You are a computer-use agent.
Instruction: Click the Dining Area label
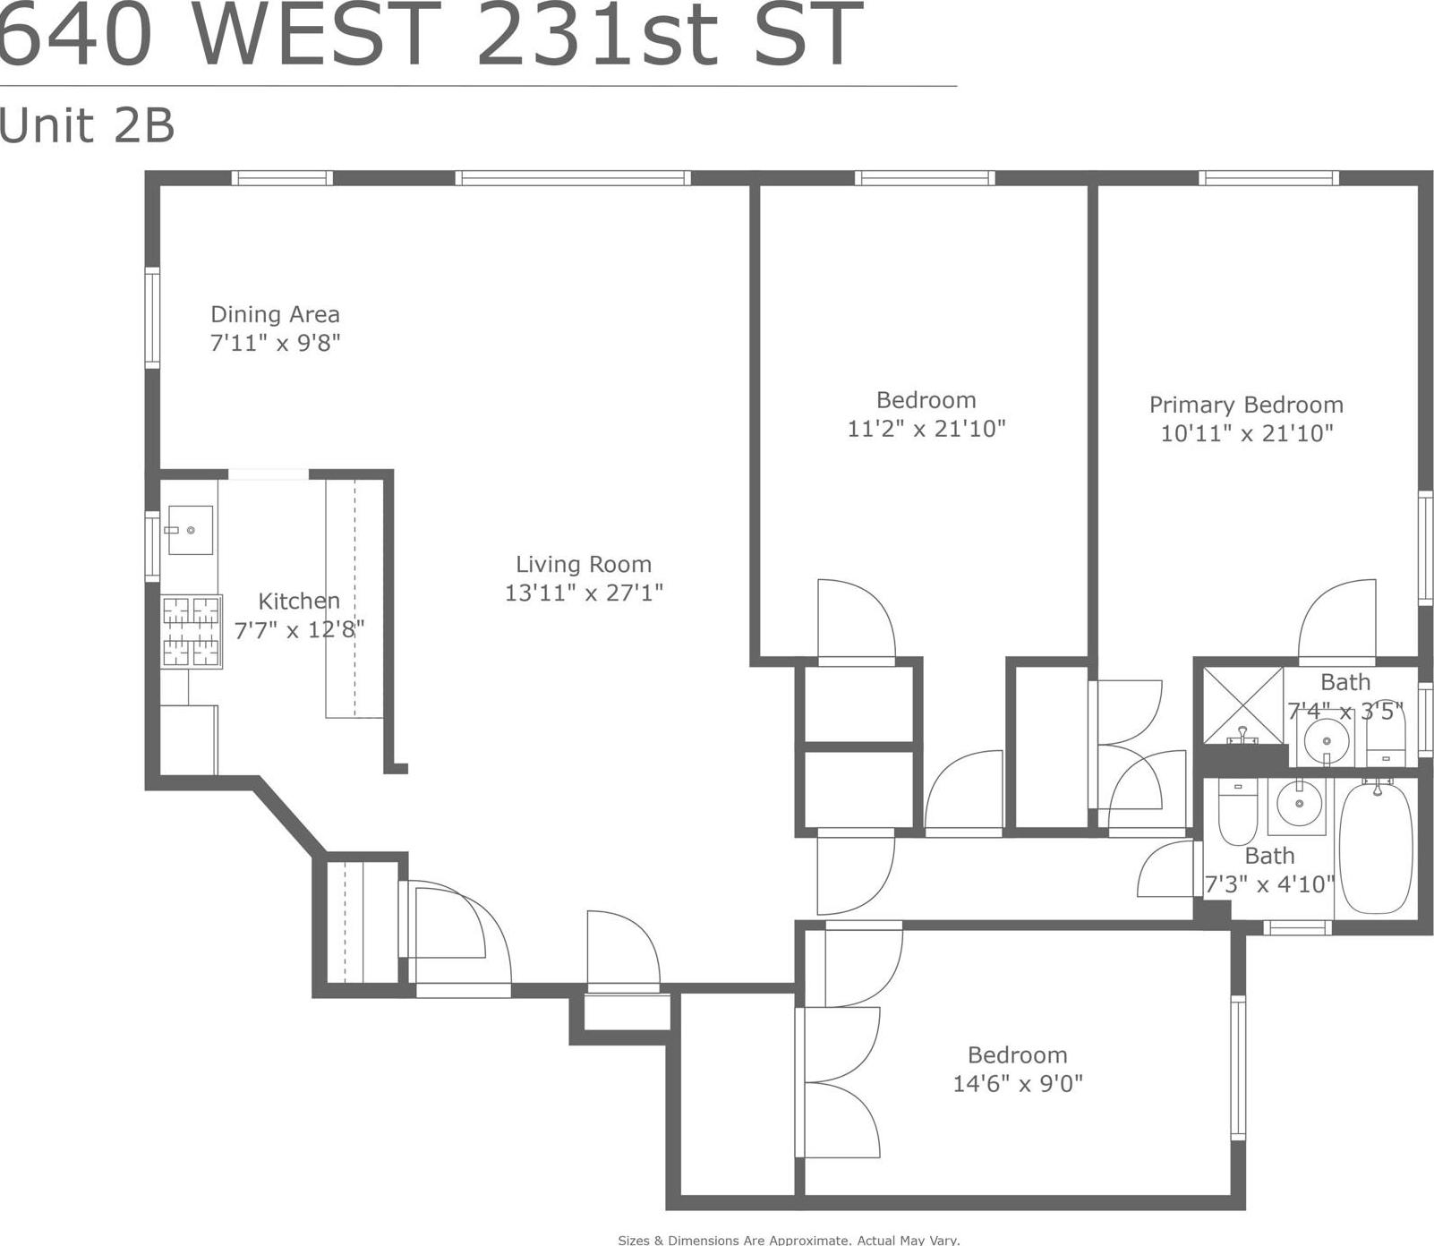[x=275, y=315]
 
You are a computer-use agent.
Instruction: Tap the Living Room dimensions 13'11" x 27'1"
[x=584, y=593]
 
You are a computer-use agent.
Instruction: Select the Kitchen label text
[x=299, y=601]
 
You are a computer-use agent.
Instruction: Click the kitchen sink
[x=190, y=530]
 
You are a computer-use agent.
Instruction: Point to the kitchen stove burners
[x=192, y=632]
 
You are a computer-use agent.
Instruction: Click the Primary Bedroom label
[x=1246, y=405]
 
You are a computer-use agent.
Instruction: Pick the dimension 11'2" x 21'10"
[x=926, y=429]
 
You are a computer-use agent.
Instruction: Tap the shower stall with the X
[x=1242, y=704]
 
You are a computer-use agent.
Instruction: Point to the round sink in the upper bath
[x=1326, y=741]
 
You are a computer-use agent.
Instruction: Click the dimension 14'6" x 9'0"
[x=1018, y=1084]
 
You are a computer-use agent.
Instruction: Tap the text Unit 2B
[x=87, y=125]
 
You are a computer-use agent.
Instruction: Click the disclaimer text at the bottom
[x=789, y=1240]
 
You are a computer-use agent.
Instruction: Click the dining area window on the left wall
[x=153, y=318]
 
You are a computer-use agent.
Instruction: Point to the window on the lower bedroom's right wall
[x=1238, y=1067]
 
